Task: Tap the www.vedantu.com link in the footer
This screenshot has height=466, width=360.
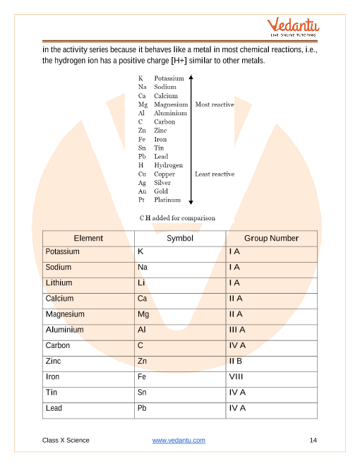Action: (x=179, y=441)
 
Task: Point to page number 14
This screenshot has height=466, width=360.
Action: (x=313, y=441)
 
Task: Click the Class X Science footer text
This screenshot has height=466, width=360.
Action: (x=66, y=441)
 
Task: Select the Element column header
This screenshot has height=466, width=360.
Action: (x=88, y=238)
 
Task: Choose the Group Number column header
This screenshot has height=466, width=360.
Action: (x=271, y=238)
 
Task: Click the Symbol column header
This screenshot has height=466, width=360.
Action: (x=179, y=238)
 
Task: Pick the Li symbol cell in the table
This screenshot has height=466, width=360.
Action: (x=141, y=283)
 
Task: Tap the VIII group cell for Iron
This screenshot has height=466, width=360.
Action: (x=236, y=377)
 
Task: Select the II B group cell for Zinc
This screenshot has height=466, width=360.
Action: (x=236, y=362)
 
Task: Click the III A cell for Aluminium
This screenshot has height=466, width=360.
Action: (x=237, y=330)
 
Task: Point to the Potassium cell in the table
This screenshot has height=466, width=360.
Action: (x=62, y=252)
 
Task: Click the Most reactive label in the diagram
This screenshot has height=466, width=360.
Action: (x=214, y=104)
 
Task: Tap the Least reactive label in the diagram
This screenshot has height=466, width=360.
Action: (x=215, y=174)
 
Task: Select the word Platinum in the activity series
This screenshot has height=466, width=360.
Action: (x=167, y=200)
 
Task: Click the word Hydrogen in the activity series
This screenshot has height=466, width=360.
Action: (x=168, y=165)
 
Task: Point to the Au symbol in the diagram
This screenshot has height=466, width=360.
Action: (x=142, y=191)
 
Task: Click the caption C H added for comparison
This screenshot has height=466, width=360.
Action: (x=177, y=218)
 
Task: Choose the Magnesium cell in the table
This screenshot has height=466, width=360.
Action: (x=65, y=314)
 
